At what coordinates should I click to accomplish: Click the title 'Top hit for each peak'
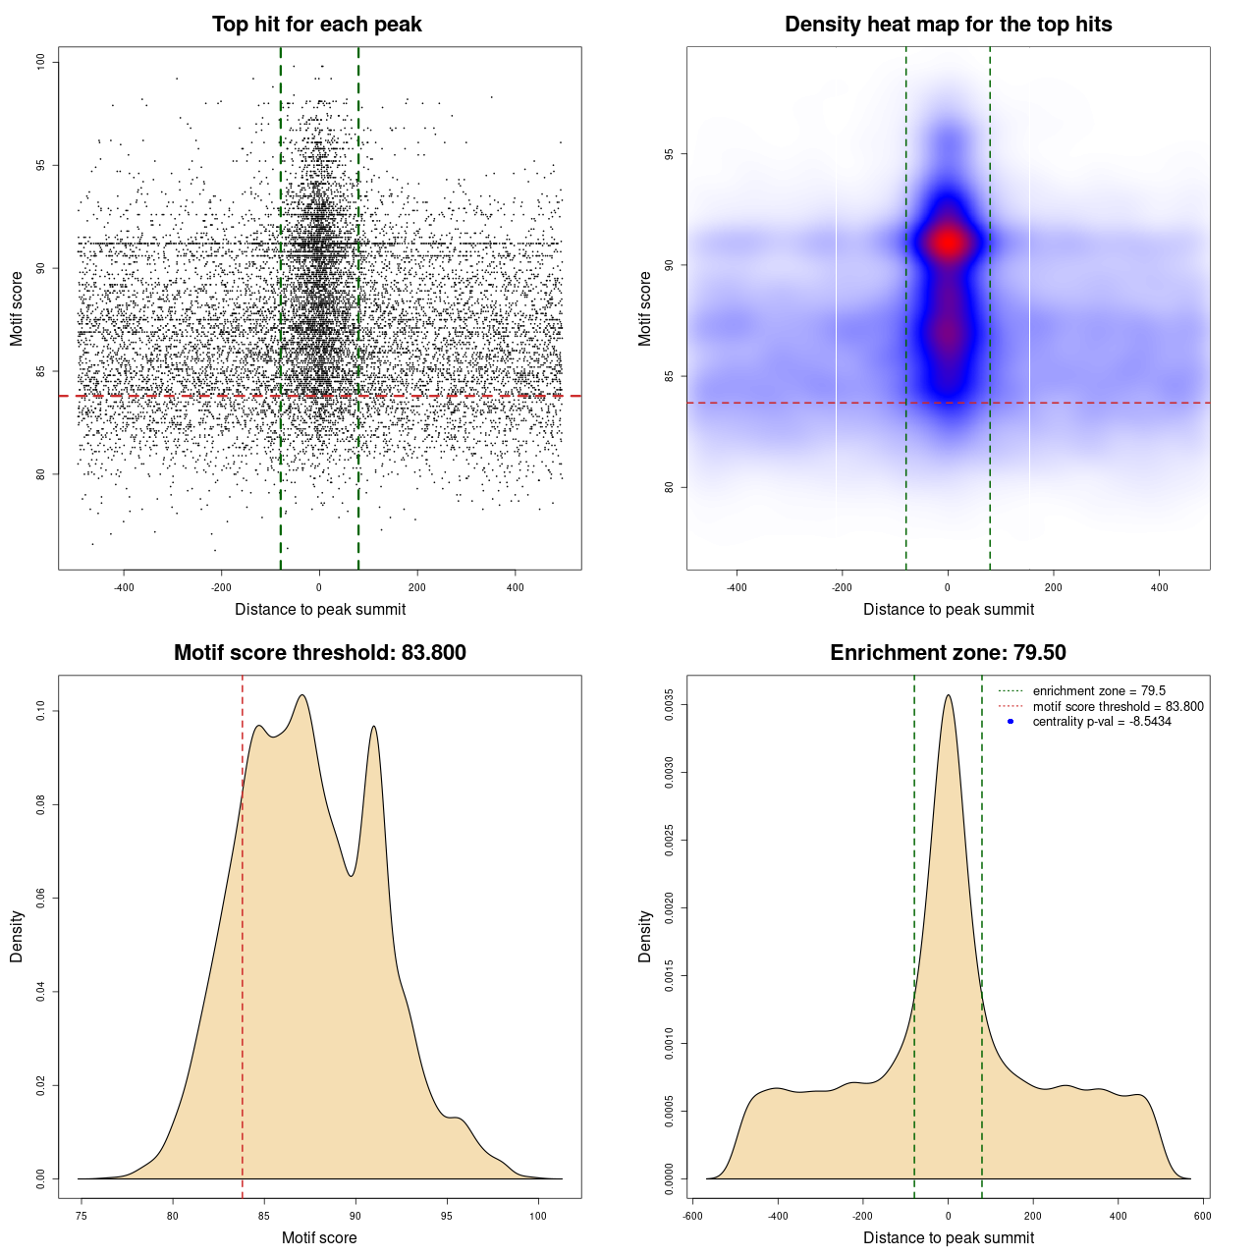[316, 25]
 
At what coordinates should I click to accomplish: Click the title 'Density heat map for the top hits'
[948, 25]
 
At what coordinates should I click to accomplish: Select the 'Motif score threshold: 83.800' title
[319, 653]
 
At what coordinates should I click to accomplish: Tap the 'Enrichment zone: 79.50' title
[948, 653]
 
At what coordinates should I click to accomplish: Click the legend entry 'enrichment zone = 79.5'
[1098, 691]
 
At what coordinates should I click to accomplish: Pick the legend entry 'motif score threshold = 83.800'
[1118, 707]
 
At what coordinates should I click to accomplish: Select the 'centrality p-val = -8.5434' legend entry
[1101, 722]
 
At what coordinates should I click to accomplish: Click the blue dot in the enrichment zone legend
[1011, 722]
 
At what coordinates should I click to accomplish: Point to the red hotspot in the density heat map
[948, 242]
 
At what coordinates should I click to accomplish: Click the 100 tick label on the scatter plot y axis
[40, 62]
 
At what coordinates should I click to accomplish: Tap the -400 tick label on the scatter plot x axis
[124, 587]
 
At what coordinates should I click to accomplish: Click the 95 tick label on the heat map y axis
[669, 154]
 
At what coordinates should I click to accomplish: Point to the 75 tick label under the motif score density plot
[82, 1216]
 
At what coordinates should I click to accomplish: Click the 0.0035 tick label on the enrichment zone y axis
[669, 705]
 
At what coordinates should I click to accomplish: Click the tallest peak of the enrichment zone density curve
[948, 695]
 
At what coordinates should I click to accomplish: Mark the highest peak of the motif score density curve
[302, 695]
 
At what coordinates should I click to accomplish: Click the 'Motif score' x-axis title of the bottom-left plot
[319, 1237]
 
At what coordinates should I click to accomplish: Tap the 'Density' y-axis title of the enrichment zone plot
[645, 936]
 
